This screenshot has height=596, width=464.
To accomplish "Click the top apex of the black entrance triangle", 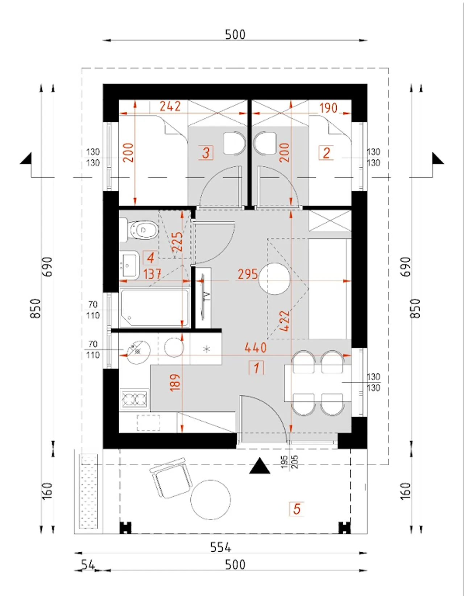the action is (x=260, y=457).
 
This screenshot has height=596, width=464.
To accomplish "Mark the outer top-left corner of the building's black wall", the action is (x=103, y=84).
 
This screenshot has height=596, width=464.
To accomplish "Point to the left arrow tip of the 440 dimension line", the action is (x=120, y=355).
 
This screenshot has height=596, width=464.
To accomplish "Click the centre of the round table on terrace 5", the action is (x=210, y=500).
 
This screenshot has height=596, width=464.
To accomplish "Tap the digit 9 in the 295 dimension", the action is (x=248, y=274).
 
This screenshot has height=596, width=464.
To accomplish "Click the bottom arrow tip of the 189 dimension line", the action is (x=182, y=432).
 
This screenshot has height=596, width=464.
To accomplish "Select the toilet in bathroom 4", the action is (x=139, y=230).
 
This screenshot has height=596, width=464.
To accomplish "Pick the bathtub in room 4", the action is (x=155, y=308).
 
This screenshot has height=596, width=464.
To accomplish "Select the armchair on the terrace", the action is (x=171, y=478).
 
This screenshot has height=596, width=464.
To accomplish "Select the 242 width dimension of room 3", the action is (x=170, y=107).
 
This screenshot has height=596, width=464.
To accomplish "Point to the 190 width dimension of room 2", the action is (x=328, y=108).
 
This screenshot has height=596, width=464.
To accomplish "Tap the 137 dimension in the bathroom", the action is (x=153, y=274).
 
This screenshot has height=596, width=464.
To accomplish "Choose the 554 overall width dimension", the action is (x=221, y=547).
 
